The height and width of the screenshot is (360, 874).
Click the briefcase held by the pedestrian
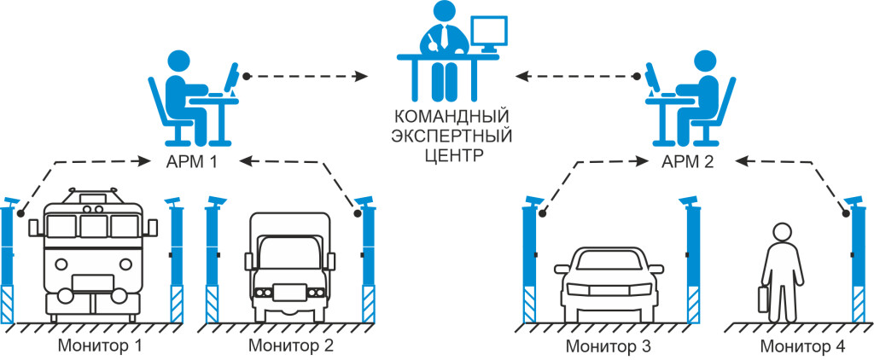click(x=762, y=299)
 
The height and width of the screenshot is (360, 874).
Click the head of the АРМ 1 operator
click(x=178, y=61)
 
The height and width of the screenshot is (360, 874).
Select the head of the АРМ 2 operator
click(x=705, y=61)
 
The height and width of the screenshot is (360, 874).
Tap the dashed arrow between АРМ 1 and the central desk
click(x=307, y=76)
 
